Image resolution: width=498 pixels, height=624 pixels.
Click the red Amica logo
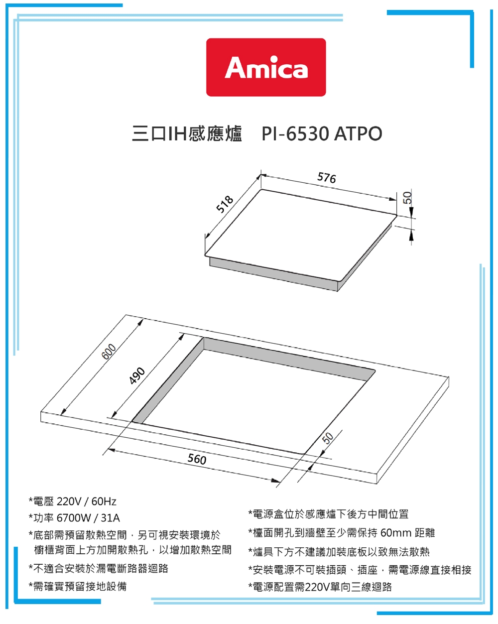coord(266,67)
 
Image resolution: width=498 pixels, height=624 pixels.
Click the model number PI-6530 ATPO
coord(322,134)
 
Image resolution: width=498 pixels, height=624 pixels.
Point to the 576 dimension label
coord(327,177)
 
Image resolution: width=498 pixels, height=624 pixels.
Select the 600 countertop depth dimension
coord(109,352)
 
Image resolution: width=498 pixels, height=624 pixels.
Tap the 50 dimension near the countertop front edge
coord(327,439)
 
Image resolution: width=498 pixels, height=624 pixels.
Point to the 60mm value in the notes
coord(395,533)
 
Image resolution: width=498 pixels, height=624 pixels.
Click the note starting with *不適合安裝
coord(98,568)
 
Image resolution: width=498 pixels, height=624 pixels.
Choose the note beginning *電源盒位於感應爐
coord(328,514)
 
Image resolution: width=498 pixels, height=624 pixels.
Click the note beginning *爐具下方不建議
coord(339,552)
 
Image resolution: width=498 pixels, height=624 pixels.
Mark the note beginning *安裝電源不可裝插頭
coord(360,570)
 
